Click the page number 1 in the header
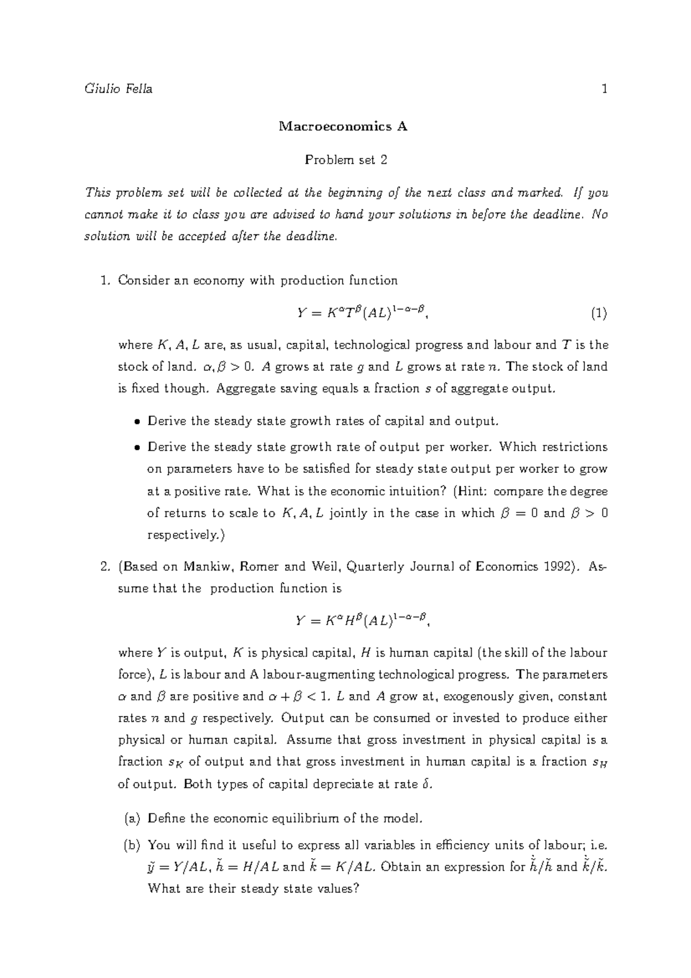(x=604, y=89)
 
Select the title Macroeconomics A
(x=343, y=127)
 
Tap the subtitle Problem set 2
(x=345, y=160)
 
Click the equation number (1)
(x=599, y=313)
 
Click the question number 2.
(x=104, y=566)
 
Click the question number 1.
(x=104, y=280)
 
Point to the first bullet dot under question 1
(x=136, y=422)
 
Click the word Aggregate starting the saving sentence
(x=241, y=389)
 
